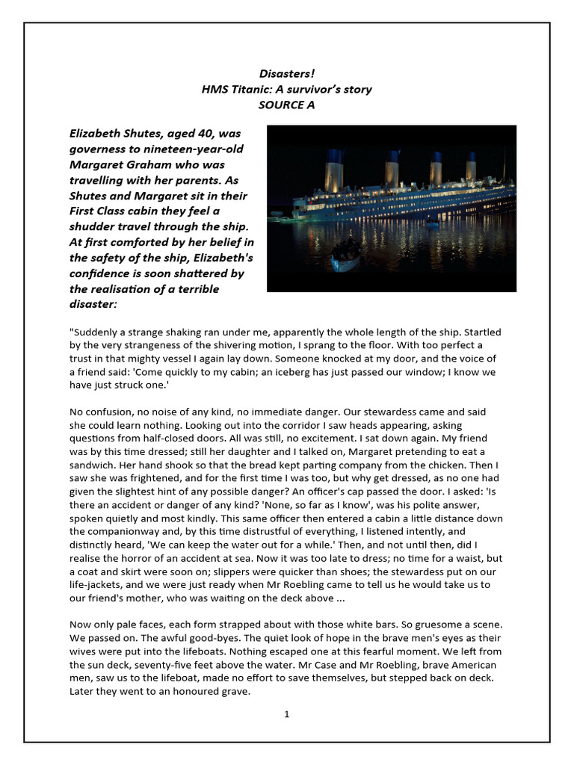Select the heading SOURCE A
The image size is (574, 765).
286,105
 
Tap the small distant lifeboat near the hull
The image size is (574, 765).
432,222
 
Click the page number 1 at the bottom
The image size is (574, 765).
286,714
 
